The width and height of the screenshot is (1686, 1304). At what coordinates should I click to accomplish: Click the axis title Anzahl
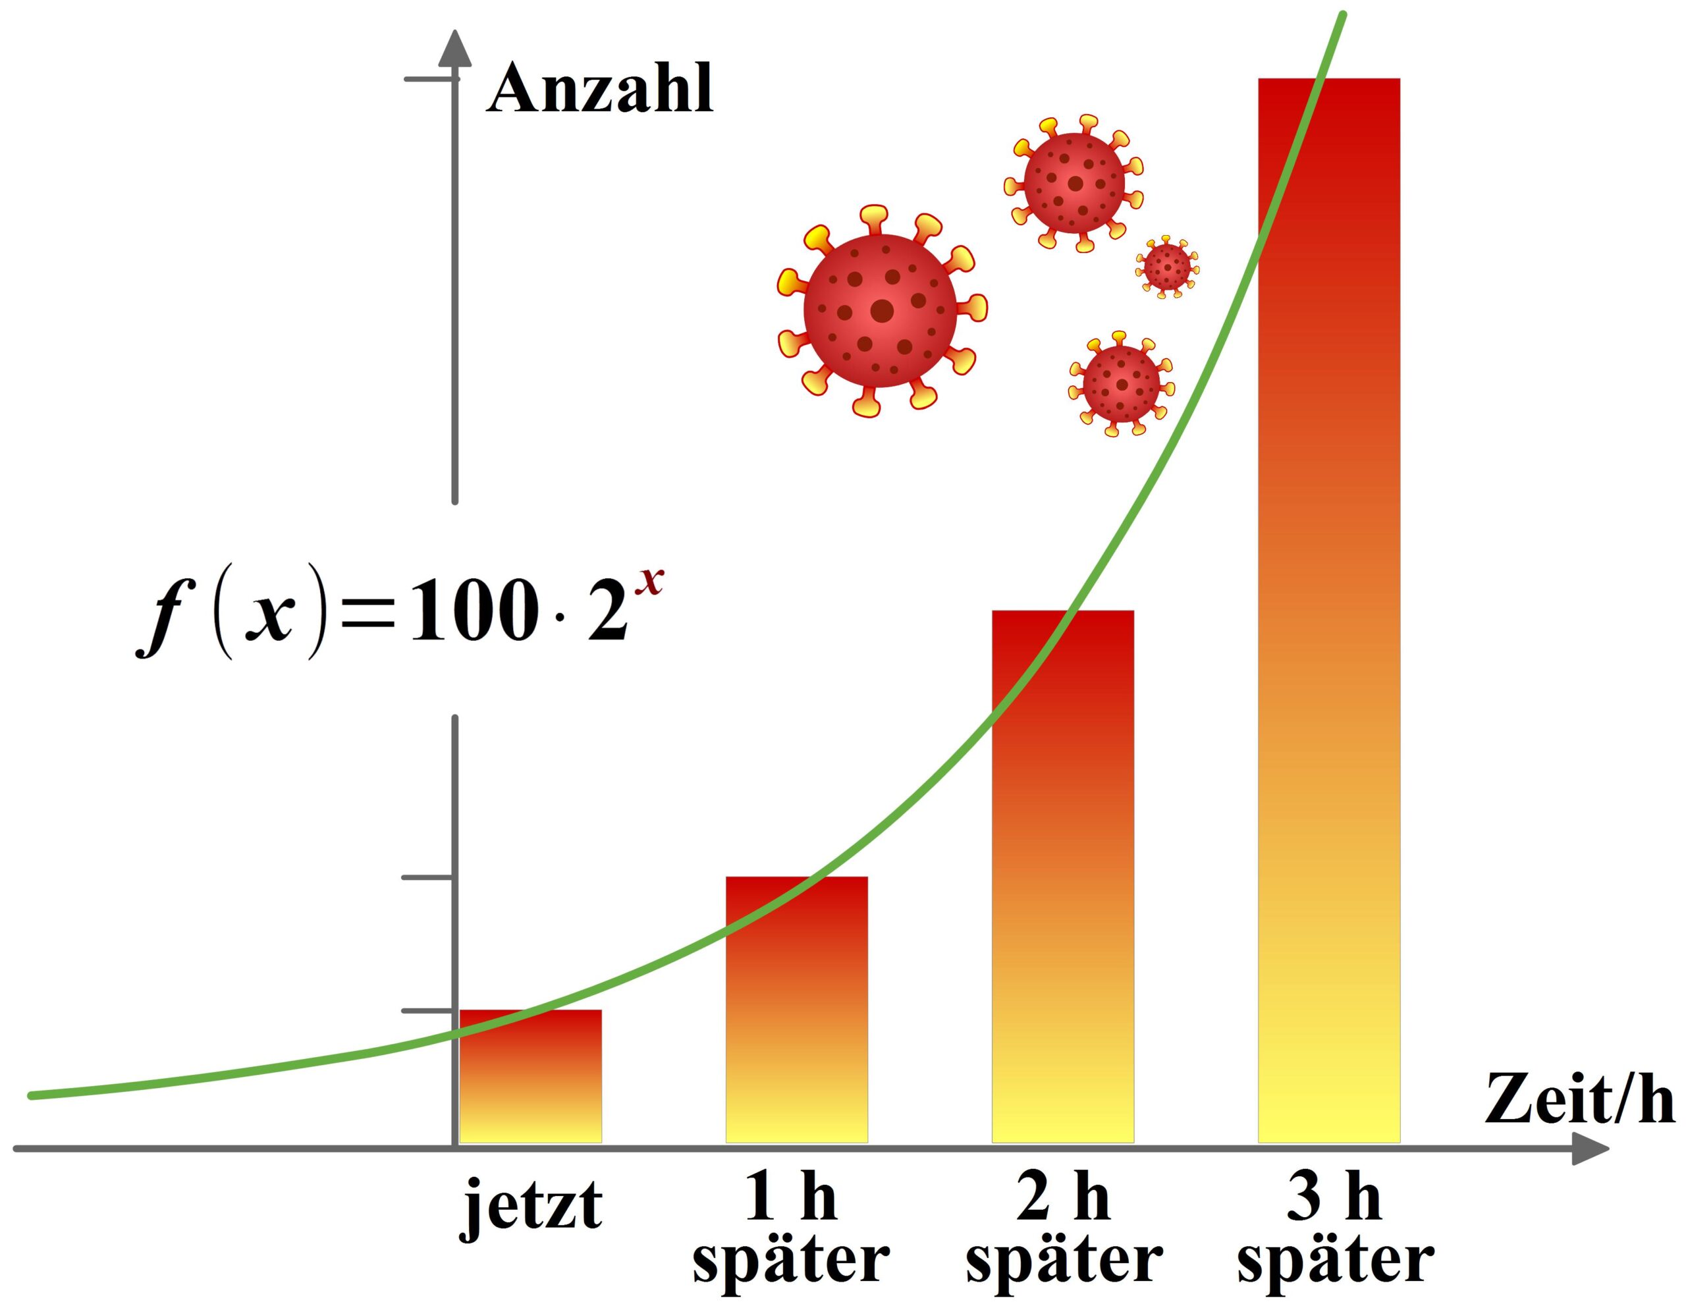(600, 89)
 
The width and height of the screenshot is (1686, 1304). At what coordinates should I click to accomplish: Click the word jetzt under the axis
(530, 1205)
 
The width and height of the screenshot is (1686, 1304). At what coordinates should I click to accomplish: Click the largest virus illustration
(881, 310)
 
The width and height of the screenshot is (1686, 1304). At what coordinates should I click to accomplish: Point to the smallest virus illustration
(1166, 266)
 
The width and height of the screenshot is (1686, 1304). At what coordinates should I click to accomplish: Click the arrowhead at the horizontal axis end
(1591, 1149)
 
